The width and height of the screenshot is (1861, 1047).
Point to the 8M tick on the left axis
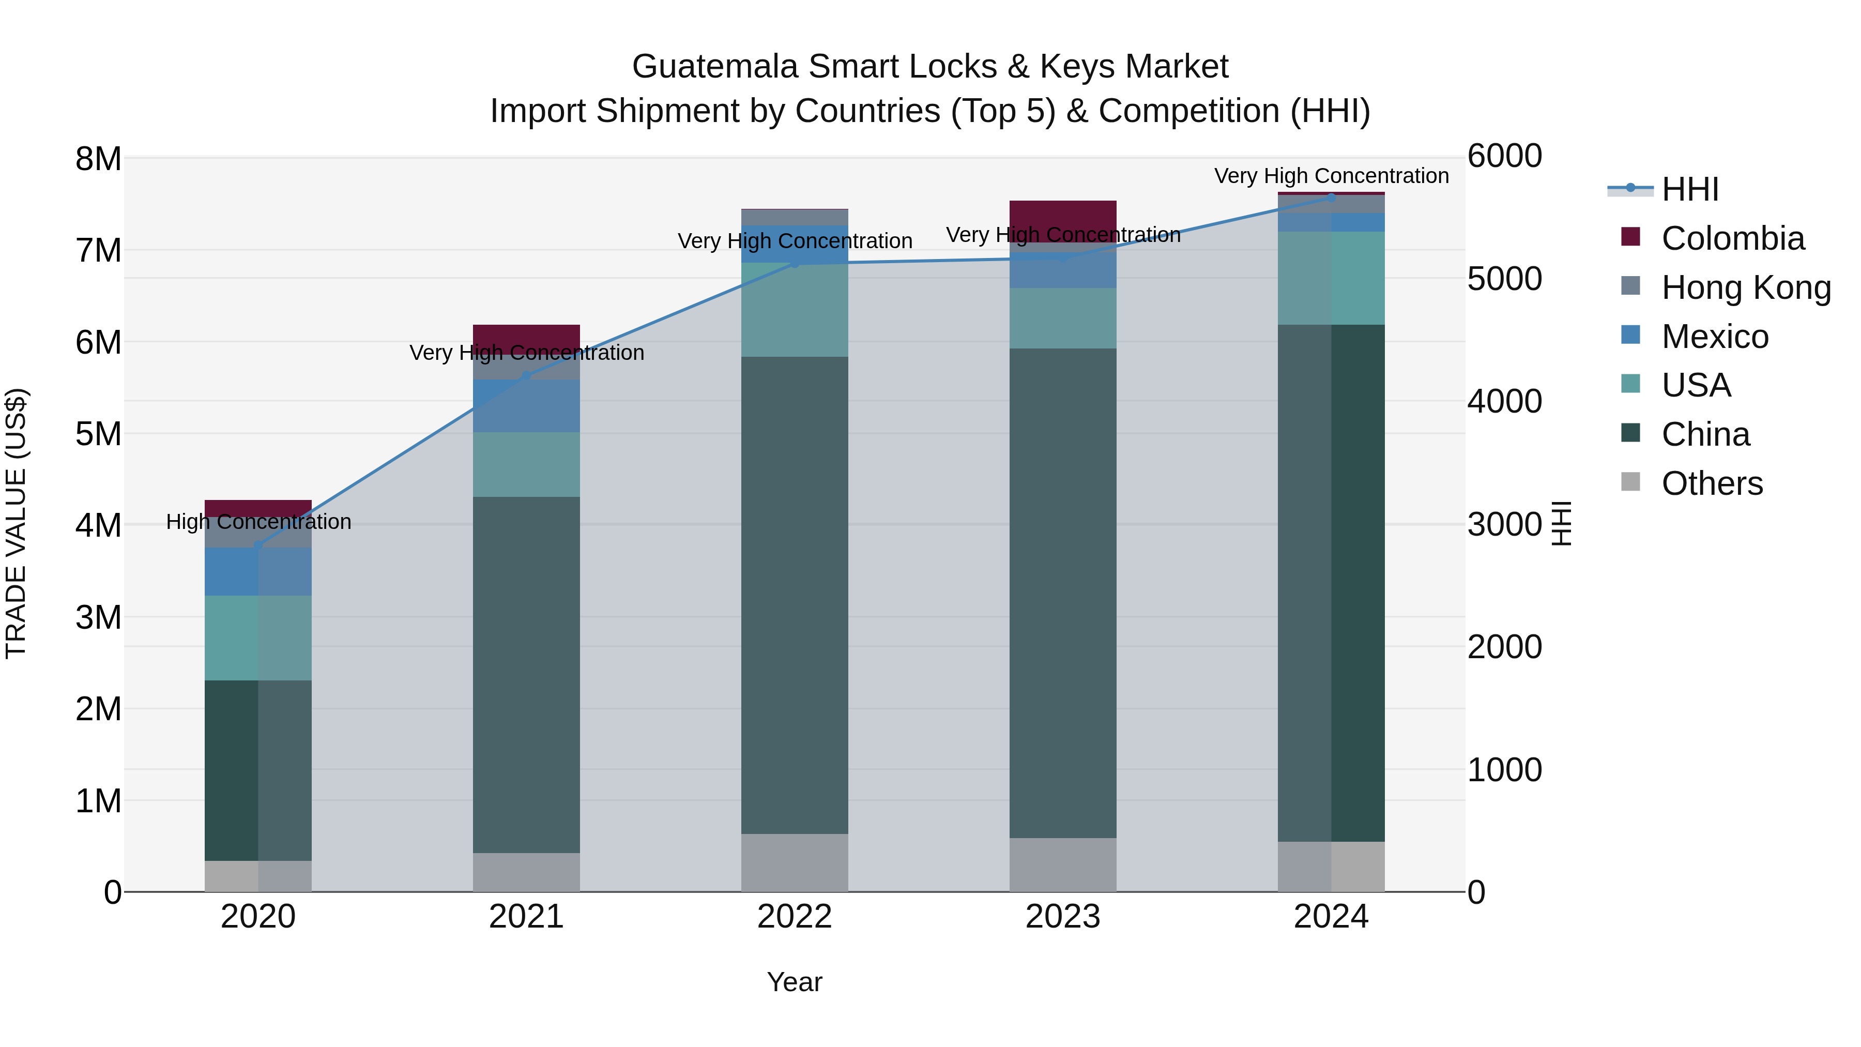click(x=98, y=159)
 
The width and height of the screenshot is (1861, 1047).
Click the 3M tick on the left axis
click(x=98, y=618)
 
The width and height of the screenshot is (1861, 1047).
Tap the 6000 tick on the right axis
click(x=1505, y=156)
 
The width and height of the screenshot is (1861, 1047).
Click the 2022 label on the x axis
click(x=795, y=917)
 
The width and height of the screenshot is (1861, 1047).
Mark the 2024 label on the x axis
click(x=1331, y=917)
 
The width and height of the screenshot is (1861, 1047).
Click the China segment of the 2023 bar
click(x=1063, y=593)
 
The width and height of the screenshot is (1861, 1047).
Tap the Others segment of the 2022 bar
click(x=795, y=863)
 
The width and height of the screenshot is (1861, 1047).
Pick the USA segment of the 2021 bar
click(x=527, y=465)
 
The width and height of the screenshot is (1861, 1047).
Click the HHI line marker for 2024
click(x=1332, y=196)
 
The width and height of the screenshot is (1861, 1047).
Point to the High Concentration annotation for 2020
click(x=258, y=522)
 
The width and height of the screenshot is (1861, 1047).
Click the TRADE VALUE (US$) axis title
click(x=16, y=523)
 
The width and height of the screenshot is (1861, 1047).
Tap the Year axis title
click(x=795, y=982)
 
